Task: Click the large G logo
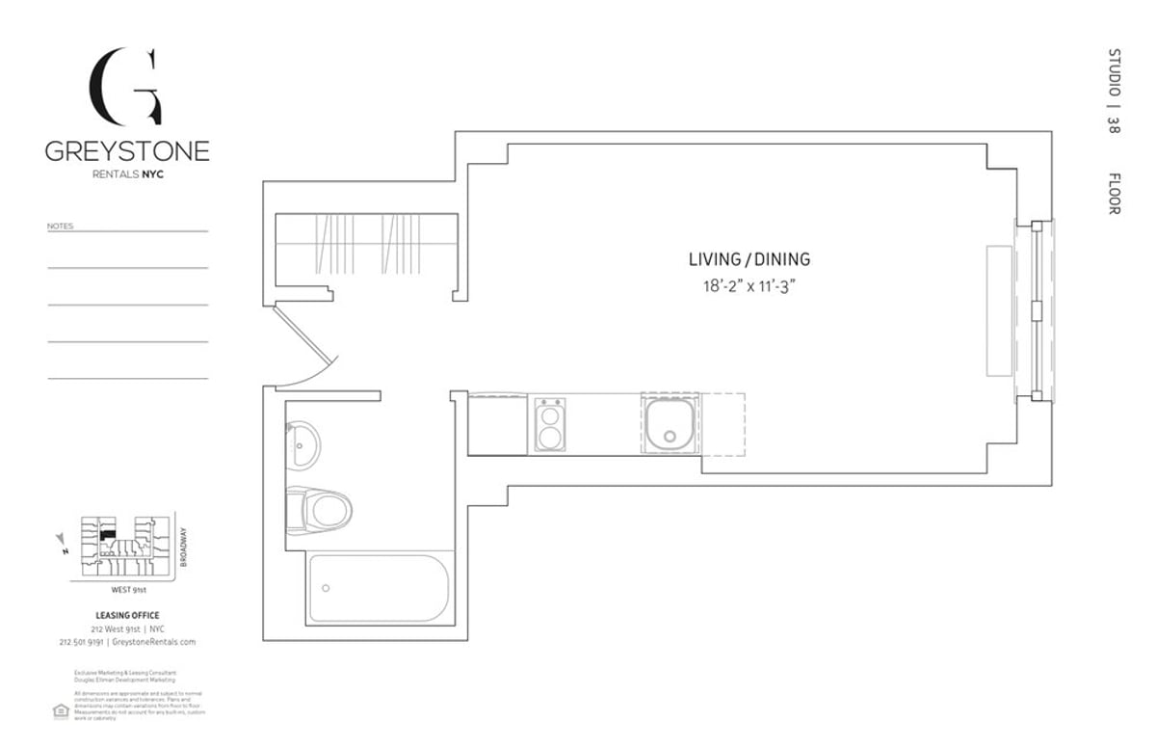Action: click(x=125, y=87)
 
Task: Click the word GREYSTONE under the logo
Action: click(x=126, y=151)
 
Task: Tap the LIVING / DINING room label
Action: click(x=749, y=259)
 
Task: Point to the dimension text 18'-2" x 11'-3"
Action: click(x=749, y=286)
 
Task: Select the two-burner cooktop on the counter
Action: click(x=549, y=425)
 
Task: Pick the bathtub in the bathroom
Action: click(x=380, y=587)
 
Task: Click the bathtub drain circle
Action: click(x=326, y=588)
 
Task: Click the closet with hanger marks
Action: click(x=366, y=248)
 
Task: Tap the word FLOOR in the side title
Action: click(x=1114, y=194)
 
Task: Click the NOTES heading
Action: click(x=60, y=227)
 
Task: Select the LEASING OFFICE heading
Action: click(x=127, y=615)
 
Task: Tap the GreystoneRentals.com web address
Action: click(x=154, y=641)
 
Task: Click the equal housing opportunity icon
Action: click(x=60, y=710)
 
